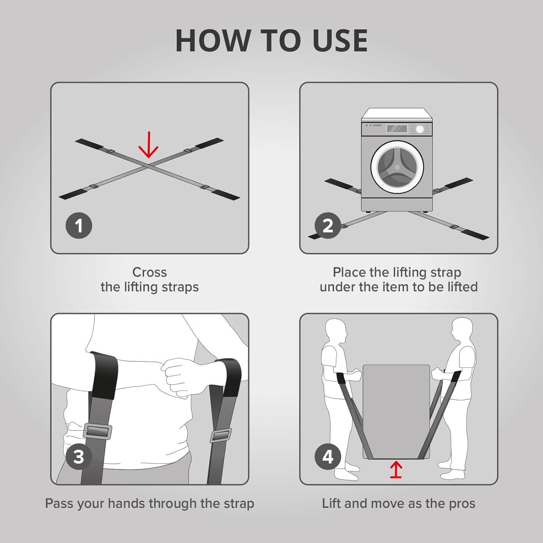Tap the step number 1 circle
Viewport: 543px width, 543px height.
[79, 226]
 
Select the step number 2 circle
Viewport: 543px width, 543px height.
[328, 226]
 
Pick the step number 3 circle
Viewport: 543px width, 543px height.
[79, 456]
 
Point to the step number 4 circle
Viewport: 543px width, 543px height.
[328, 456]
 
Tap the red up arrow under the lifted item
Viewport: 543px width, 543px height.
[396, 470]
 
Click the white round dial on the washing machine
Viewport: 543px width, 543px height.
[420, 129]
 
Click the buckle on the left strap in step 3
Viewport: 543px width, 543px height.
[98, 431]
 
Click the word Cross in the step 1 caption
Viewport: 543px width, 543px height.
[150, 272]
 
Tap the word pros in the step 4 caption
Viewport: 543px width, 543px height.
[461, 504]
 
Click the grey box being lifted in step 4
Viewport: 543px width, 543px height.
[396, 409]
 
